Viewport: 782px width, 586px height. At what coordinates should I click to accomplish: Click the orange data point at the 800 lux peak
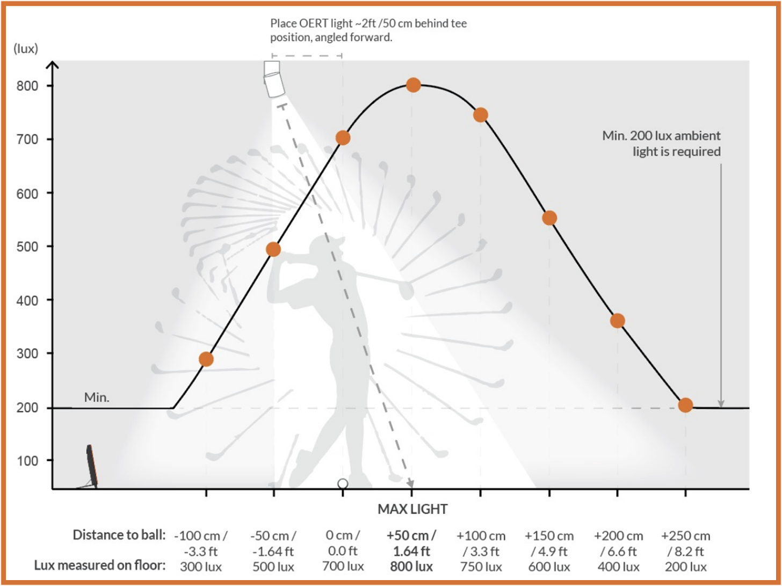tap(413, 85)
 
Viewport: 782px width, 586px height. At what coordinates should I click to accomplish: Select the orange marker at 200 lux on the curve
tap(685, 405)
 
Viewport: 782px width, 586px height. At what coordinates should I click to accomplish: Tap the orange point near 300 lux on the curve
tap(206, 359)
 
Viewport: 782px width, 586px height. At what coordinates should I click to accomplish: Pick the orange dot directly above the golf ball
tap(343, 138)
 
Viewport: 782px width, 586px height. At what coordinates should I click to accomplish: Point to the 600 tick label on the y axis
tap(27, 193)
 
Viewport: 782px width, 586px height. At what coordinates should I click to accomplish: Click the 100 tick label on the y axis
tap(27, 461)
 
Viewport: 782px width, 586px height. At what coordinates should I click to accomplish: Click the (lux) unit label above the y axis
tap(26, 49)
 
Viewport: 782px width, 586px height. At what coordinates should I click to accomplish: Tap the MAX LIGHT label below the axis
tap(412, 509)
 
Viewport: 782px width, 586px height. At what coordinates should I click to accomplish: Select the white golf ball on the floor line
tap(343, 484)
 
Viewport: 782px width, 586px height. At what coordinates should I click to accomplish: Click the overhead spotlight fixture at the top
tap(273, 79)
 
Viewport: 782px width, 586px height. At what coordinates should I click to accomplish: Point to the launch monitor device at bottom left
tap(91, 466)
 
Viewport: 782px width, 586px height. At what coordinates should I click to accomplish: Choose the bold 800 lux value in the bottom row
tap(411, 567)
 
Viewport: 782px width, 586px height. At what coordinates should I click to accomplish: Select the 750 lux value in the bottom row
tap(481, 567)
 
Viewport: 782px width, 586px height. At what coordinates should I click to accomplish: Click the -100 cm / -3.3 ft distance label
tap(201, 543)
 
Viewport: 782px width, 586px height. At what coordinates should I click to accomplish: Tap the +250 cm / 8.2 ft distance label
tap(686, 543)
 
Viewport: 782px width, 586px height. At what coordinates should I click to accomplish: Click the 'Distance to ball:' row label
tap(119, 535)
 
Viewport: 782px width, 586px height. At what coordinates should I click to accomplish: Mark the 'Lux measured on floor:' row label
tap(100, 566)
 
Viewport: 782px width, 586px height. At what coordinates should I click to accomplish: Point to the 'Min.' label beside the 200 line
tap(97, 397)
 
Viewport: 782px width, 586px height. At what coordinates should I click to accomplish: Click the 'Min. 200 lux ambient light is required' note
tap(661, 143)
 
